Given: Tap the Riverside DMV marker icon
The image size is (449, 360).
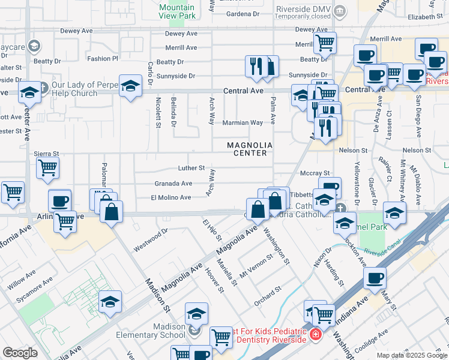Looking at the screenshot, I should pos(340,10).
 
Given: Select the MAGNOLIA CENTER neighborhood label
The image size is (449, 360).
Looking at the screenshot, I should pos(250,149).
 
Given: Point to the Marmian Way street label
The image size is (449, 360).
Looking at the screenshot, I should pos(243,122).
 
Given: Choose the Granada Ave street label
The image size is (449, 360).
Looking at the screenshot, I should pos(173,184).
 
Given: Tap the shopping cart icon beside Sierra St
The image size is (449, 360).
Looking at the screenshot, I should pos(47,169).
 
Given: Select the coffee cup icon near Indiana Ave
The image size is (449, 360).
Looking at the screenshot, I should pos(375,278).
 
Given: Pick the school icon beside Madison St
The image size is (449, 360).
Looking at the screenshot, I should pos(110,302).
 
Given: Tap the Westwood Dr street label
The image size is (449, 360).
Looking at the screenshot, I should pos(151,239).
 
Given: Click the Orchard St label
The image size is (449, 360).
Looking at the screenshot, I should pos(268,296).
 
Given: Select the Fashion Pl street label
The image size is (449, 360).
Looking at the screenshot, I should pos(103,59).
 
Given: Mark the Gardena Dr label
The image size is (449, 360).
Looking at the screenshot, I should pos(243,13).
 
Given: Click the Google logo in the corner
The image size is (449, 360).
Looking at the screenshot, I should pos(20,353).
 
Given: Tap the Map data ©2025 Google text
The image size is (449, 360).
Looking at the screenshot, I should pos(411,355).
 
